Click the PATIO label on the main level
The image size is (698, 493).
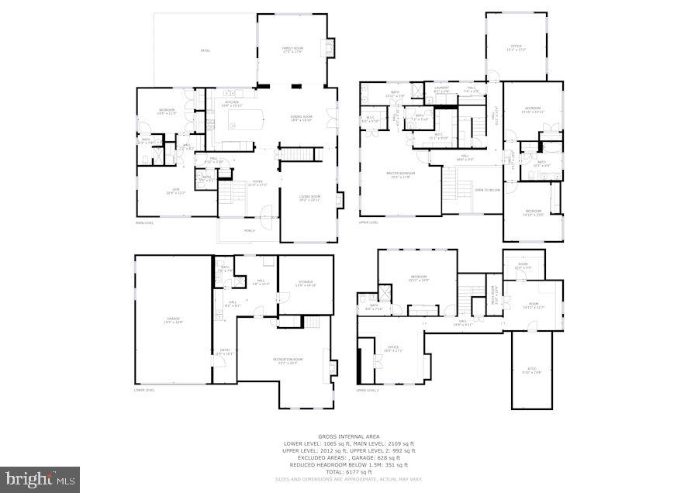pos(206,51)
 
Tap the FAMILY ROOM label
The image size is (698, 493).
pos(292,50)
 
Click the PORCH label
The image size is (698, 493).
pos(250,230)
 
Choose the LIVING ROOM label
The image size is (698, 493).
pos(309,198)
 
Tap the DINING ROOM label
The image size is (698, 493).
pos(301,119)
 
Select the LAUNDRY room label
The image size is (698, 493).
pos(442,88)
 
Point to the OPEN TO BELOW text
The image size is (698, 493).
pos(487,189)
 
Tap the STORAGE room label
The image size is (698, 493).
pos(306,284)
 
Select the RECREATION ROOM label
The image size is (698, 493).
pos(287,360)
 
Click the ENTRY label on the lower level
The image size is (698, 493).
pos(225,351)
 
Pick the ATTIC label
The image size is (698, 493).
pos(531,369)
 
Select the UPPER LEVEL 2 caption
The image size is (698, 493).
pos(367,390)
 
